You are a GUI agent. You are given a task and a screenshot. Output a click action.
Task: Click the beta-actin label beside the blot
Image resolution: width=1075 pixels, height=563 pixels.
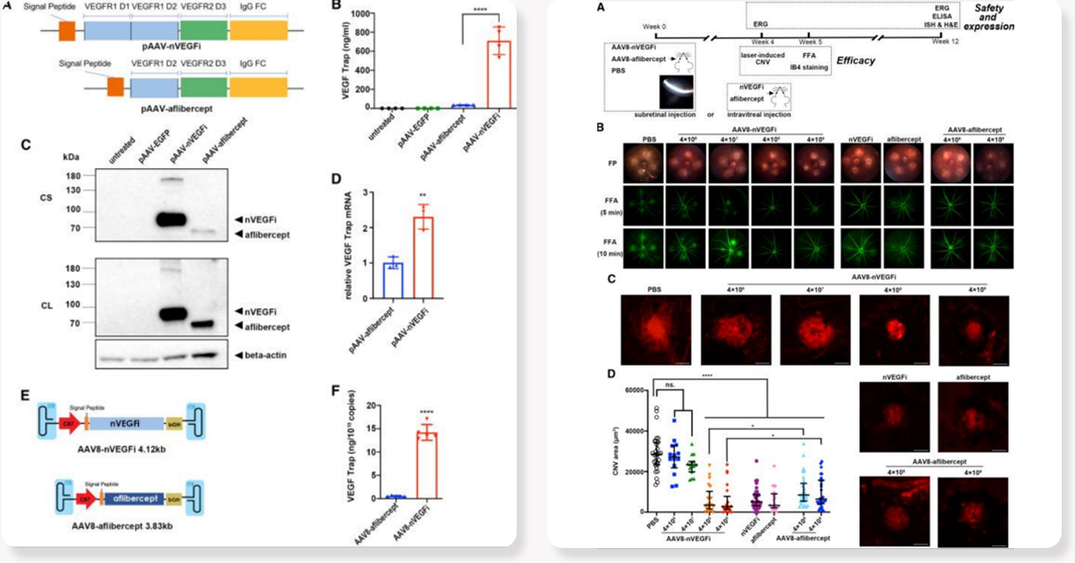[277, 355]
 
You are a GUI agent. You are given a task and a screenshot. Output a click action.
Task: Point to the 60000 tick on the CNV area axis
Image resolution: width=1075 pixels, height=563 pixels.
[635, 390]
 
